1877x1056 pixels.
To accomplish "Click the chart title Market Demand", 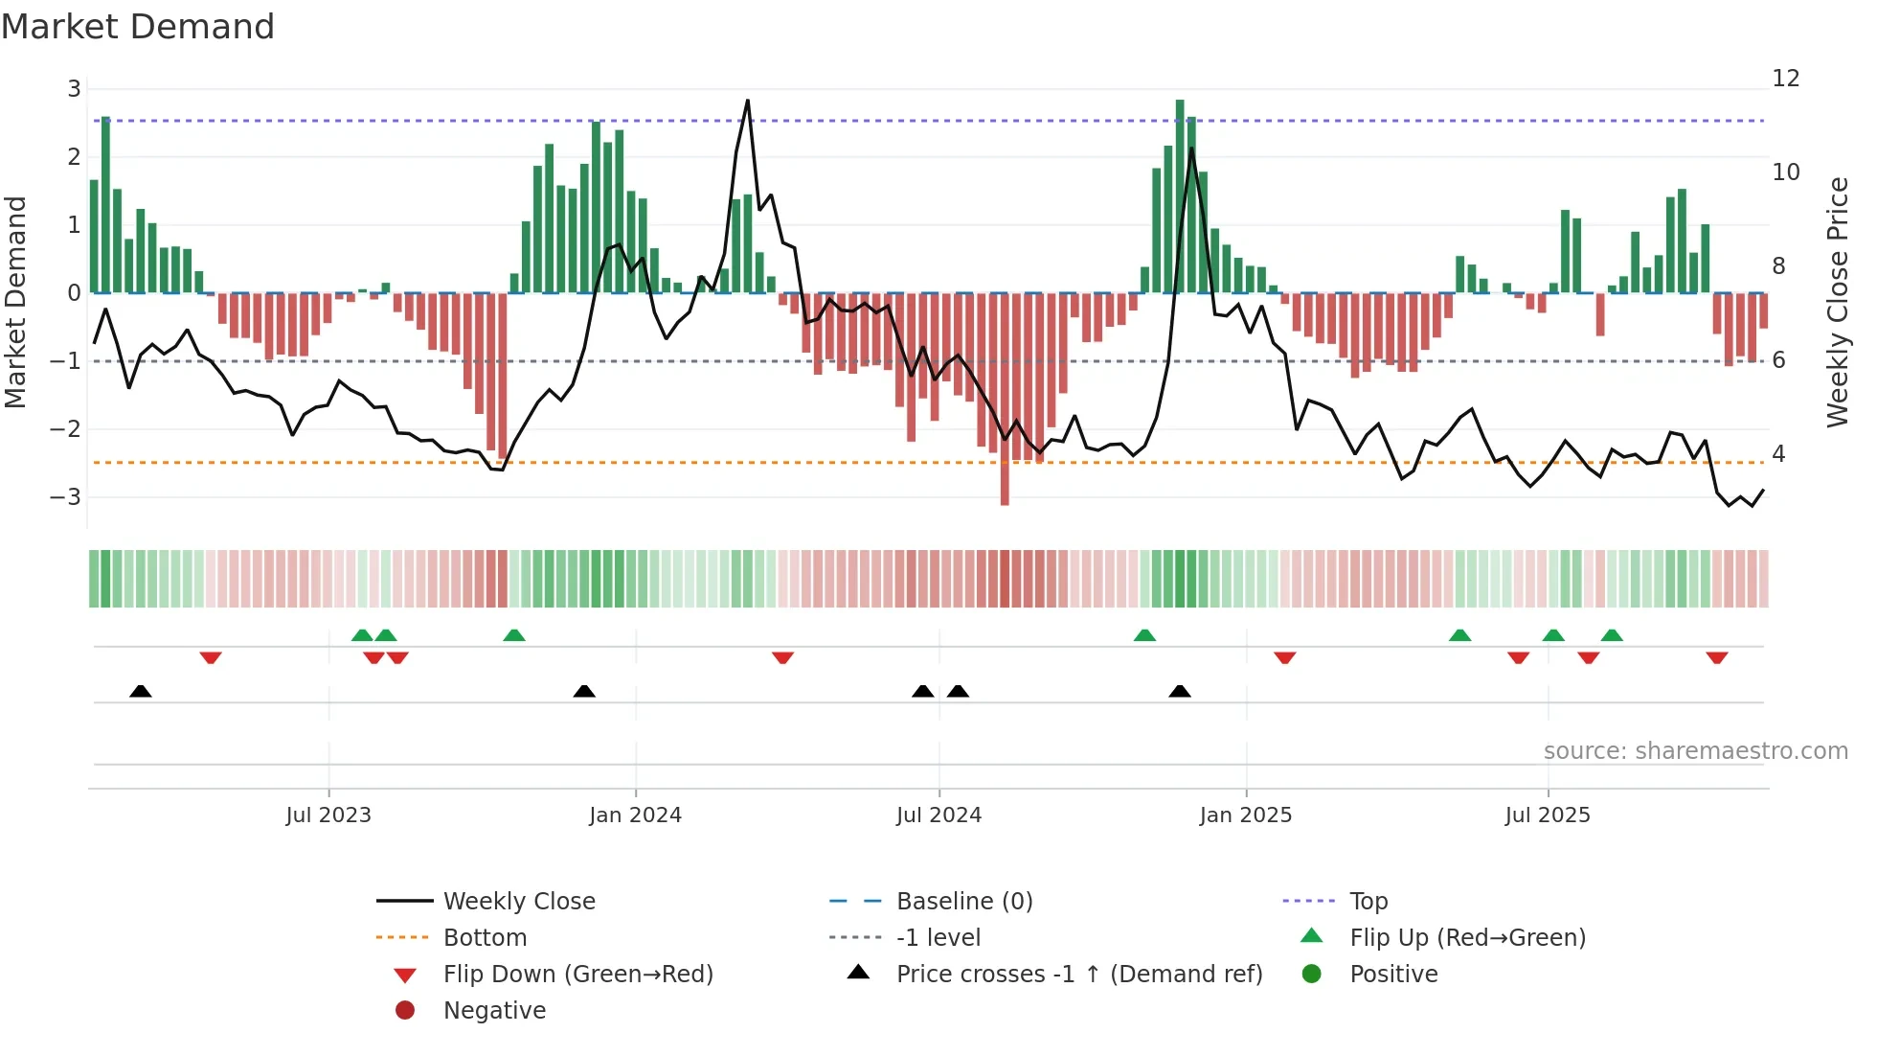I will coord(138,27).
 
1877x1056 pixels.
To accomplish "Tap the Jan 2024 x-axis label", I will coord(635,815).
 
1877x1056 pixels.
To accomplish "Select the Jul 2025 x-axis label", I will coord(1547,815).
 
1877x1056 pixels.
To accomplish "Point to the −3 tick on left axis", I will coord(66,497).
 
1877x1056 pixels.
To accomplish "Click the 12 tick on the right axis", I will coord(1785,79).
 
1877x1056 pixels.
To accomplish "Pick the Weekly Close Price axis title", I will coord(1837,302).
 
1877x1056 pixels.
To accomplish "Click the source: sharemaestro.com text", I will coord(1695,751).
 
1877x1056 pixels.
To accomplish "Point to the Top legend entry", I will coord(1368,902).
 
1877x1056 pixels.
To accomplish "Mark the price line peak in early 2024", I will coord(747,101).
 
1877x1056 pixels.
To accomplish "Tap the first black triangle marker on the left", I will coord(141,691).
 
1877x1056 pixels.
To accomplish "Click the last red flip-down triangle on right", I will coord(1716,658).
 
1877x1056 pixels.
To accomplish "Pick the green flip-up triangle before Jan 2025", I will coord(1144,635).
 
